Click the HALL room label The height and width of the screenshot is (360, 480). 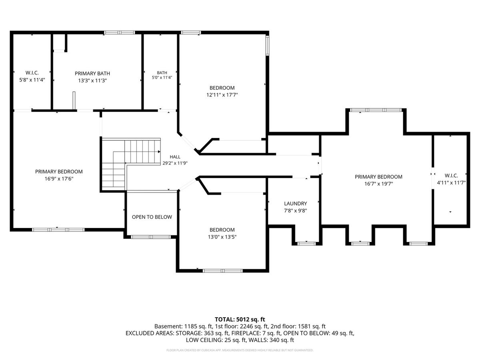[x=175, y=157]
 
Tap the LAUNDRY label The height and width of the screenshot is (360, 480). [x=296, y=204]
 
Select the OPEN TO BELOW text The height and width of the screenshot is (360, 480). [x=152, y=217]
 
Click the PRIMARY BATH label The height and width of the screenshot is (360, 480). [x=92, y=74]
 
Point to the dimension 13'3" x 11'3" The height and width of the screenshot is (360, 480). [x=92, y=81]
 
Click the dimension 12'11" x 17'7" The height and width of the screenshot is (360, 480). [x=222, y=95]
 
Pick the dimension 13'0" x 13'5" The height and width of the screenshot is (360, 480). [x=222, y=237]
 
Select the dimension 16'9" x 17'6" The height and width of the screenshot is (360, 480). [x=59, y=179]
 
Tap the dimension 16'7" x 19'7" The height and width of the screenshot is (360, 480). [x=378, y=184]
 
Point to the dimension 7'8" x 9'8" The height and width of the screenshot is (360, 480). [x=296, y=211]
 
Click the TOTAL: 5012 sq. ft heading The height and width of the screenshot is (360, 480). [x=240, y=320]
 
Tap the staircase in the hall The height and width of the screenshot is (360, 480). [x=131, y=164]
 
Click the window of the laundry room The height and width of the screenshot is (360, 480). [x=306, y=244]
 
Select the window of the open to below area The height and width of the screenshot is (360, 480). [x=151, y=237]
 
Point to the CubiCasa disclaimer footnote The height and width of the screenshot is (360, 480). [x=240, y=350]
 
